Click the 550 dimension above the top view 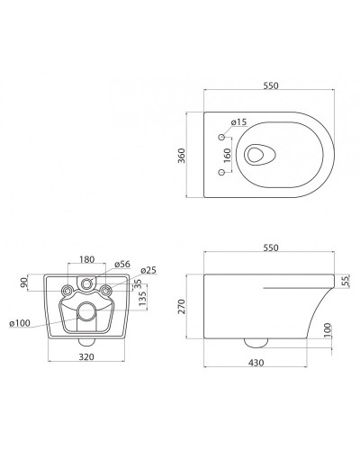click(x=271, y=85)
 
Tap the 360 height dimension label click(x=182, y=156)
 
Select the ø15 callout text click(x=238, y=122)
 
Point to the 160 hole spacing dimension click(x=228, y=155)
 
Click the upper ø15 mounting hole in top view click(x=222, y=137)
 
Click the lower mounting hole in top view click(x=222, y=172)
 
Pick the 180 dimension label click(x=87, y=259)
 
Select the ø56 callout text click(x=122, y=264)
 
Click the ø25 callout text click(x=148, y=270)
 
